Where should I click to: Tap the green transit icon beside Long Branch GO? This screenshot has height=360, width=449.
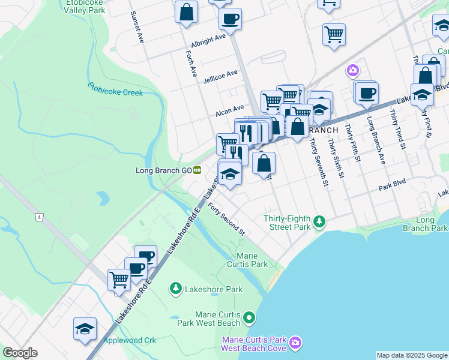196,170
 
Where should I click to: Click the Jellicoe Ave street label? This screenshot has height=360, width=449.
220,76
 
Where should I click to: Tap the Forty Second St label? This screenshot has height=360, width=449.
227,219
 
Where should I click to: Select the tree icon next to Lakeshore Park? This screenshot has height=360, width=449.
175,289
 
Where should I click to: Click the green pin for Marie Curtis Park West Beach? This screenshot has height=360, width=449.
249,317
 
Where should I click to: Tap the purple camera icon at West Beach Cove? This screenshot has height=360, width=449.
295,343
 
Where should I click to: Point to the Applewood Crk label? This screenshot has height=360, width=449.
130,340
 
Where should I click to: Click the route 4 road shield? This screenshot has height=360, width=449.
39,217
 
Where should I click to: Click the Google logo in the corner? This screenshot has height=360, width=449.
20,353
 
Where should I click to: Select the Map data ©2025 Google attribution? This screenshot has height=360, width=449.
411,355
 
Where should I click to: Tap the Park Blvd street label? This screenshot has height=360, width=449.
392,187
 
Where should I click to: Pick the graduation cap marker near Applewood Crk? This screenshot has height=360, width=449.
85,329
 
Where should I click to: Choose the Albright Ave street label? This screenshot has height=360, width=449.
208,40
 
